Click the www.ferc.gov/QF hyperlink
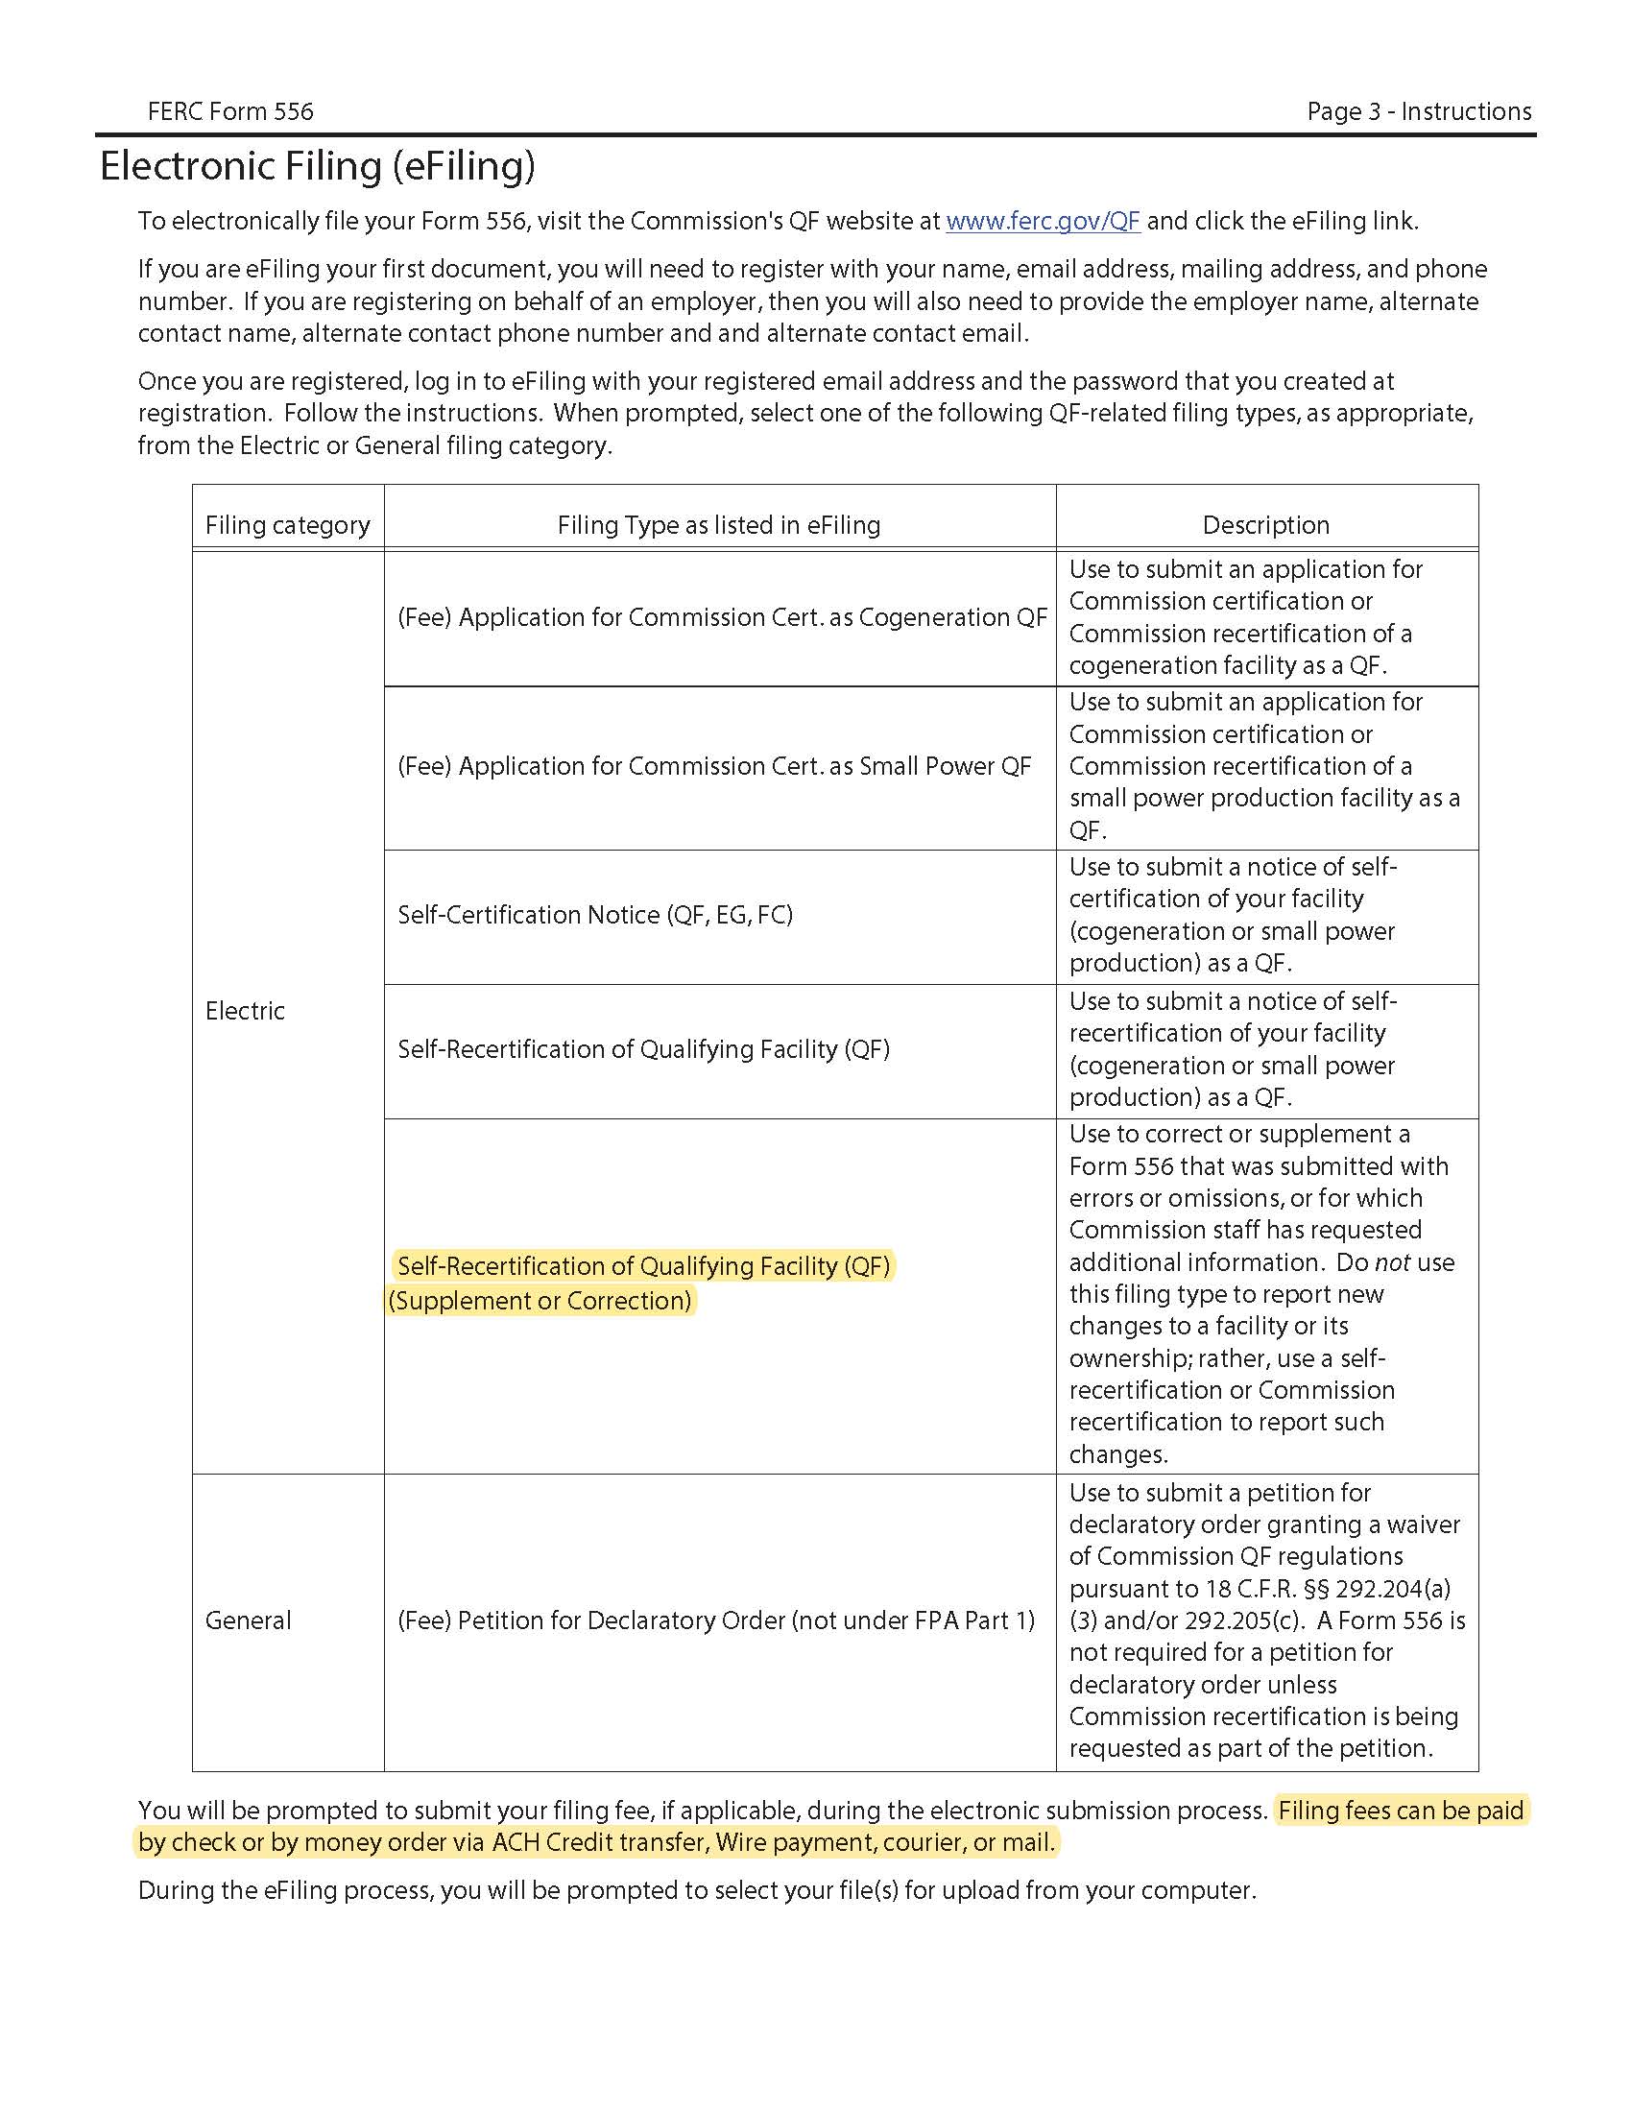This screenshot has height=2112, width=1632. [1043, 222]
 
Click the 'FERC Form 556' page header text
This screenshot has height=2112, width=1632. [230, 111]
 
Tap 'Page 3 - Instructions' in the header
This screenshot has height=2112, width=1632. [1418, 111]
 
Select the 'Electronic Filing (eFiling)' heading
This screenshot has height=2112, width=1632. [317, 166]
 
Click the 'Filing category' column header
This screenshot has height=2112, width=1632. [287, 525]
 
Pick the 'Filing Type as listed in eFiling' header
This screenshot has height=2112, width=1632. [718, 525]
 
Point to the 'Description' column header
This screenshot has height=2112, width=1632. [1265, 525]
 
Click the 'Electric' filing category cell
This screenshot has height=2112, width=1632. [245, 1011]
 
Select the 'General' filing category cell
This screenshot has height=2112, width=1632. [248, 1620]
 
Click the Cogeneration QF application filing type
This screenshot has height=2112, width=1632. [721, 617]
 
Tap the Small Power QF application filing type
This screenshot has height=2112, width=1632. [713, 766]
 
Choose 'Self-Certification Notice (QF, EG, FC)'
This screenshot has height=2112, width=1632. [594, 915]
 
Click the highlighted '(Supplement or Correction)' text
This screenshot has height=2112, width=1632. [540, 1301]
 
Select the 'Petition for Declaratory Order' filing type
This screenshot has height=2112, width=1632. [715, 1620]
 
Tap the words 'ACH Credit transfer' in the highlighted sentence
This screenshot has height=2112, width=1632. [598, 1842]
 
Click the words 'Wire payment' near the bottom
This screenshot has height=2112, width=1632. [794, 1842]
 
